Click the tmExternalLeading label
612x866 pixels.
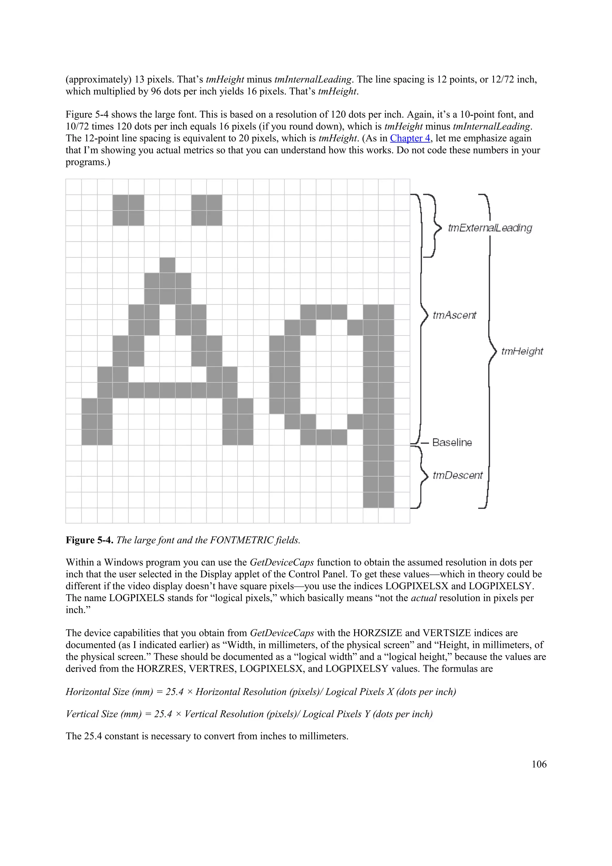point(490,228)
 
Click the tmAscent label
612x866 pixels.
point(455,315)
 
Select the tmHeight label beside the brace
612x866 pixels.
point(522,351)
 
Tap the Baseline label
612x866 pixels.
point(452,443)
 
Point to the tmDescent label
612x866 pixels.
point(458,475)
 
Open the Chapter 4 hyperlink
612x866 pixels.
point(410,138)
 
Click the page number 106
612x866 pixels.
point(539,764)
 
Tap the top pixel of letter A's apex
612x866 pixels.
point(167,265)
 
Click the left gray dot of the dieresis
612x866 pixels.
point(128,210)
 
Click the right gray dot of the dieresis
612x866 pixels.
point(206,210)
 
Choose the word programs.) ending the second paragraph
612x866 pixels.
point(88,162)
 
